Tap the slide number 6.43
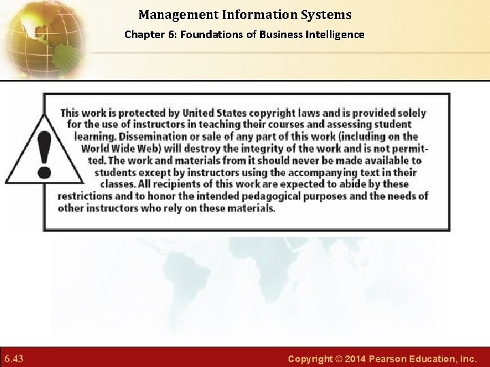14,358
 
